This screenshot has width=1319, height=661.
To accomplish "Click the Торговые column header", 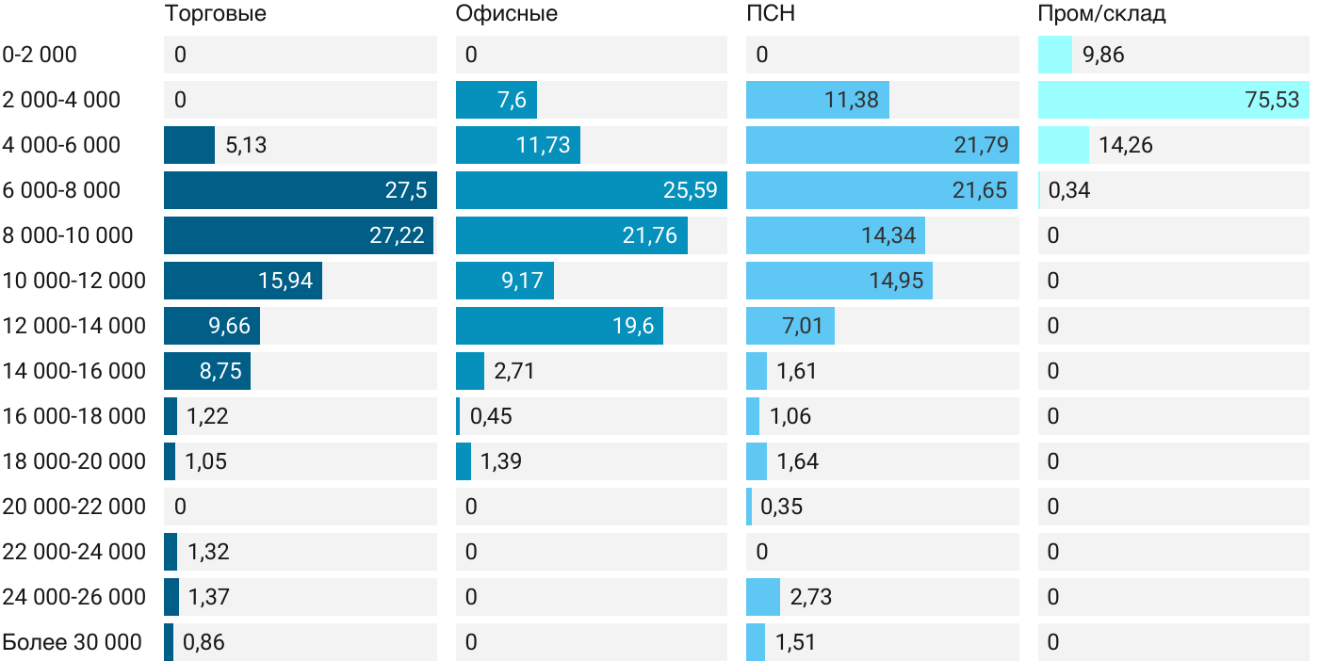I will click(215, 13).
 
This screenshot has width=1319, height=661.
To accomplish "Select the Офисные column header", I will click(506, 13).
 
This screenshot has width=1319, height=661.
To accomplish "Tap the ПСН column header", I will click(764, 13).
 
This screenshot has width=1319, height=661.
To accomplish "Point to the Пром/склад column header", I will click(1101, 13).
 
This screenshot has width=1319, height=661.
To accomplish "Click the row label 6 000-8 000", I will click(61, 190).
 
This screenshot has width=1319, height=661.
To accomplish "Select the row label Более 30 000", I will click(72, 642).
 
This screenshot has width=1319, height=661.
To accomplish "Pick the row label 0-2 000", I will click(40, 55).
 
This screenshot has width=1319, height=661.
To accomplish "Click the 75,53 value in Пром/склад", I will click(1272, 100).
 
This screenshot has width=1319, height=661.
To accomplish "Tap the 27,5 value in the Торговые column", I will click(406, 190).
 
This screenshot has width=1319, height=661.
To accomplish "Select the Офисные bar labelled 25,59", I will click(591, 190).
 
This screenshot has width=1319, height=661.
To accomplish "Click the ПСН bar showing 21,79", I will click(882, 145).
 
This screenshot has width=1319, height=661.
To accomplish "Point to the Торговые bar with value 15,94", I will click(243, 281).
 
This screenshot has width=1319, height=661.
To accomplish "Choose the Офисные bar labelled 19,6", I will click(560, 326).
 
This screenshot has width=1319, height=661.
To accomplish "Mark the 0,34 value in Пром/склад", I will click(1070, 190).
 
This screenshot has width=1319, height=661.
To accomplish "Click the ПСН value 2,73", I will click(810, 597).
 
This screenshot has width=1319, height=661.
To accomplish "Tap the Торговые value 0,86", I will click(204, 642).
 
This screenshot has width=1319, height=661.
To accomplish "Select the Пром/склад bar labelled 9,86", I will click(1055, 55).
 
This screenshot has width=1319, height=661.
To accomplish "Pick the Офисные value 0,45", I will click(491, 416).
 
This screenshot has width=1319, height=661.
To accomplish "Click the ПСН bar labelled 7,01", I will click(790, 326).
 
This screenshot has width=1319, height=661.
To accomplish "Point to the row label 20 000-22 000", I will click(73, 507).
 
